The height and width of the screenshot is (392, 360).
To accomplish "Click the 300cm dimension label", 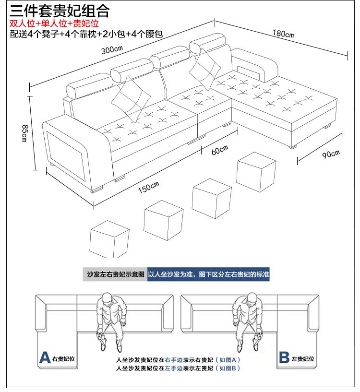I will [x=112, y=50].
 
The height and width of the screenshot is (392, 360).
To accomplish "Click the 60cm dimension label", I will [x=220, y=150].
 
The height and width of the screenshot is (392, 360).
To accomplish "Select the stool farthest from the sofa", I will [x=109, y=238].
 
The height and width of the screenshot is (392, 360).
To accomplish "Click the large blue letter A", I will [x=45, y=357].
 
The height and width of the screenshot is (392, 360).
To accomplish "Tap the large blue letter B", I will [x=284, y=357].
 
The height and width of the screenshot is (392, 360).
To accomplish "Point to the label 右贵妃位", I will [x=65, y=358].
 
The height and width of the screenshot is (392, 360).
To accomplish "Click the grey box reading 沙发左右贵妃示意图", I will [x=115, y=275].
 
